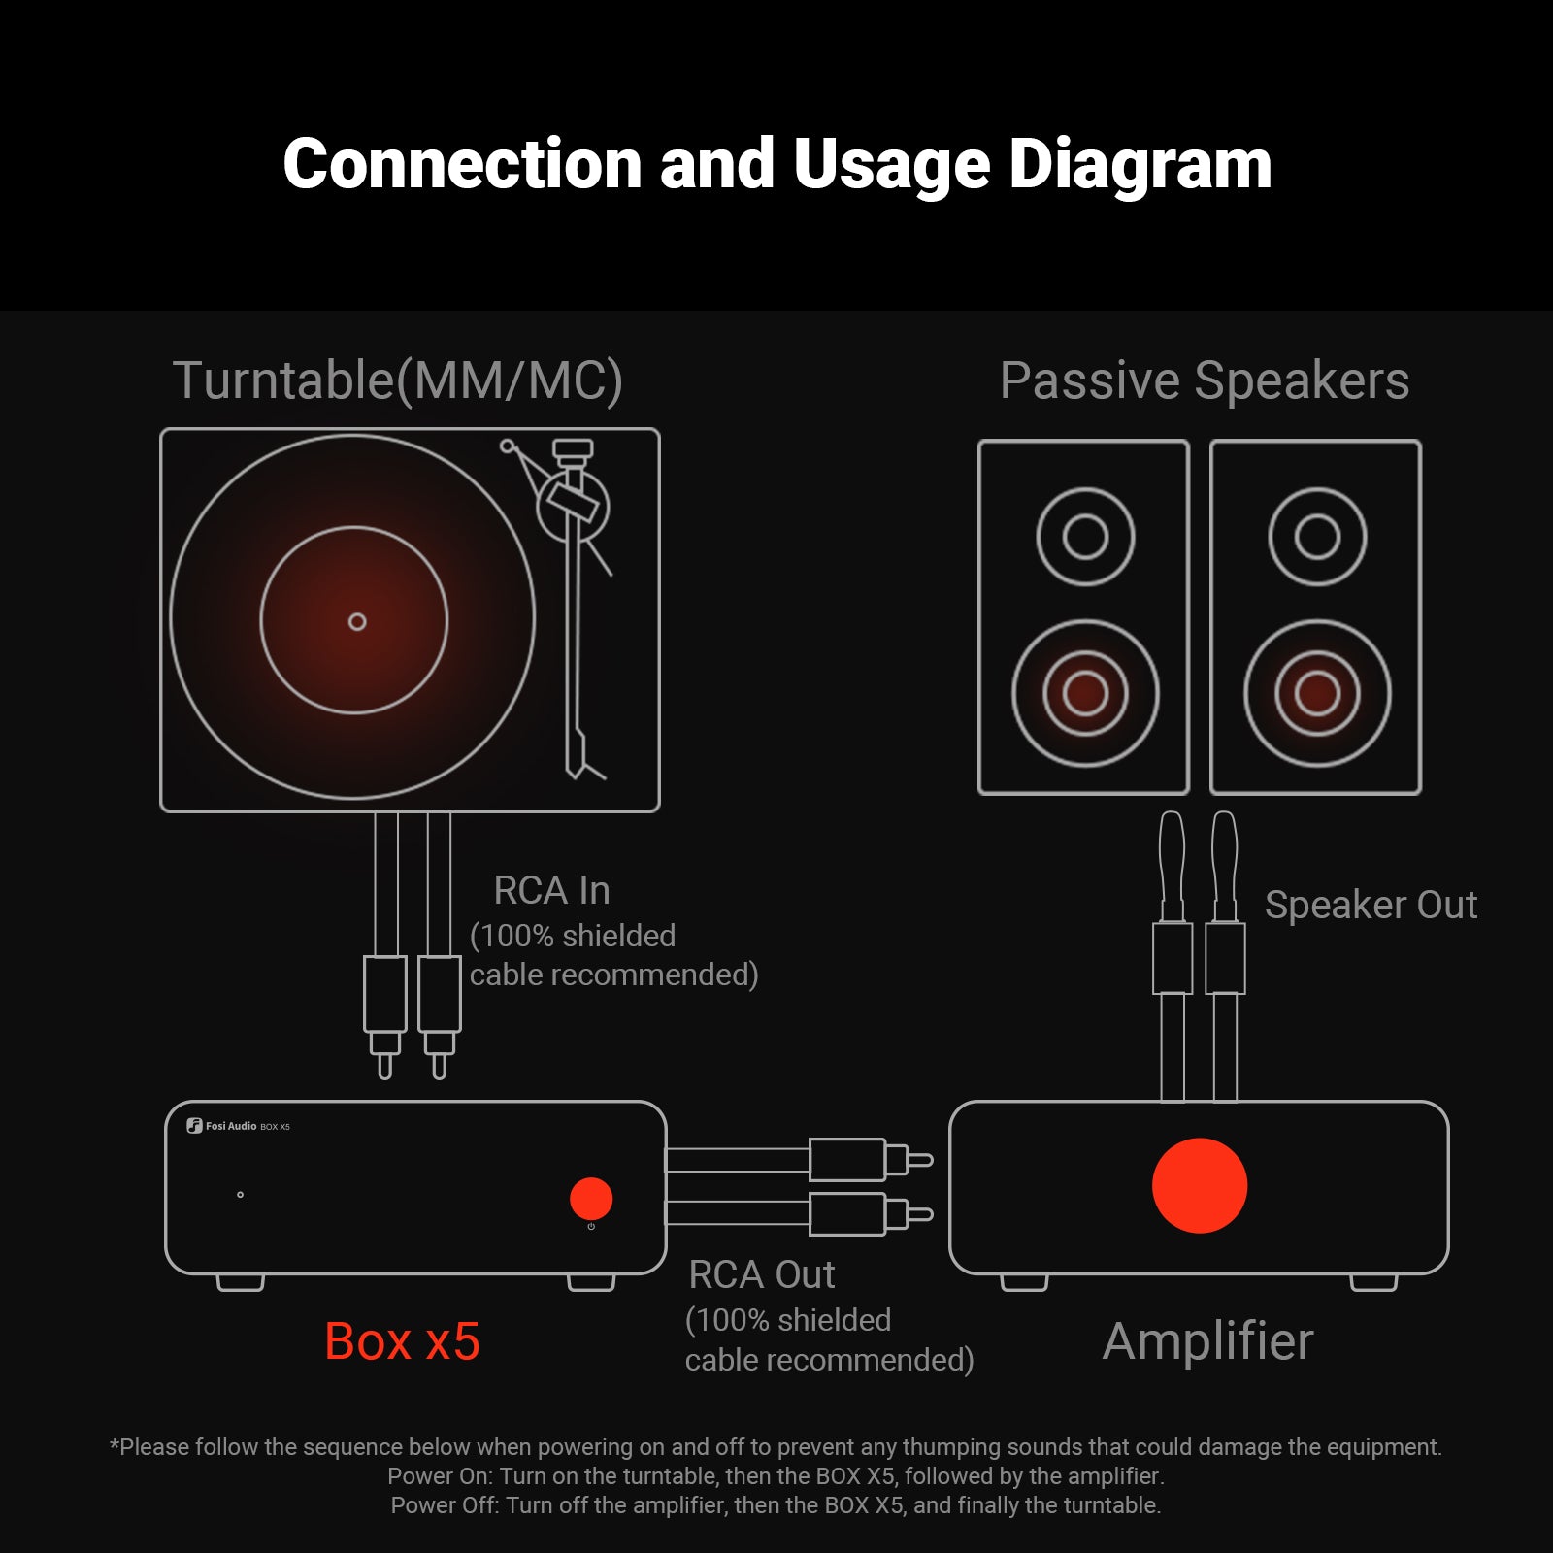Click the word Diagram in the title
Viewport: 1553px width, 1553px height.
[x=1140, y=165]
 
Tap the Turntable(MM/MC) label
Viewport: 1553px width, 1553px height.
[x=397, y=380]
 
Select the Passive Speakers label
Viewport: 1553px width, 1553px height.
[x=1204, y=380]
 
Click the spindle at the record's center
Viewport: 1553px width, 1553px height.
[x=357, y=621]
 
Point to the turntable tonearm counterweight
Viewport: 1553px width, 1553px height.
[x=573, y=450]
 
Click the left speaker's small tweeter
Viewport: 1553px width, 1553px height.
[x=1085, y=537]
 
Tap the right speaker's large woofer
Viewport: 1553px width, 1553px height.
[x=1317, y=693]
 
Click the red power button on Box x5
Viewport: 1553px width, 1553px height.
[x=591, y=1199]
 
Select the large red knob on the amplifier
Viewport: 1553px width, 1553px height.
[x=1200, y=1186]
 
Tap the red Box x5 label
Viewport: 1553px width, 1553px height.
[x=402, y=1341]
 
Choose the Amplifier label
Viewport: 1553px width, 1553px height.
[x=1207, y=1341]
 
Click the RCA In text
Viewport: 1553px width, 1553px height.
[x=551, y=890]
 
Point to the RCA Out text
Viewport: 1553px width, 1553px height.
[x=762, y=1274]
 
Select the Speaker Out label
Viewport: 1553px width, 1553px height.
[x=1371, y=905]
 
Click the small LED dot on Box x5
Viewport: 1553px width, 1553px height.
[x=241, y=1195]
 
